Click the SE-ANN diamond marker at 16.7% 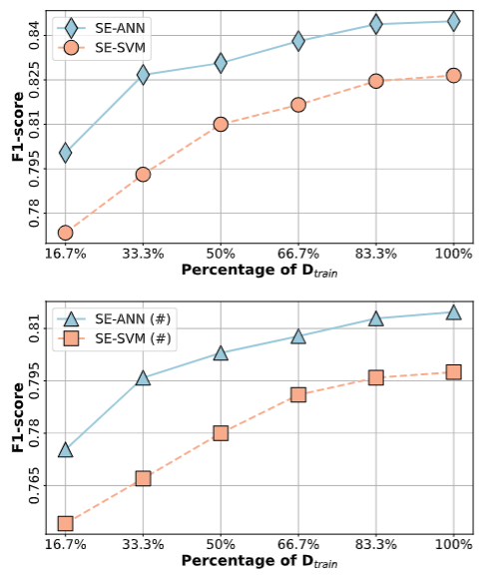click(65, 153)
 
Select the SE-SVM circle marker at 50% click(221, 124)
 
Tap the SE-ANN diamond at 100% click(453, 21)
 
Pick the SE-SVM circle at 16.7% click(65, 233)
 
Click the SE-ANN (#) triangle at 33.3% click(143, 378)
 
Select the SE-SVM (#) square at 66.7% click(298, 395)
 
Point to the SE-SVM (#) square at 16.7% click(65, 523)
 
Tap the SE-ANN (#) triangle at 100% click(453, 312)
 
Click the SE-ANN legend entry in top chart click(101, 29)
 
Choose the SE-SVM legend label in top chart click(120, 48)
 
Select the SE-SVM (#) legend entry click(114, 338)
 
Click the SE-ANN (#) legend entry click(114, 319)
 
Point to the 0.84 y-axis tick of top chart click(34, 36)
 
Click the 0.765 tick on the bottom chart click(34, 485)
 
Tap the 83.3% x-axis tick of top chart click(375, 255)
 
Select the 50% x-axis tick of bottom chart click(221, 545)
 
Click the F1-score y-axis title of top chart click(18, 127)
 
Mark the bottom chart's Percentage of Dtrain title click(259, 561)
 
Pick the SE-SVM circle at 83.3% click(375, 81)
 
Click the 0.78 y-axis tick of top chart click(34, 213)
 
